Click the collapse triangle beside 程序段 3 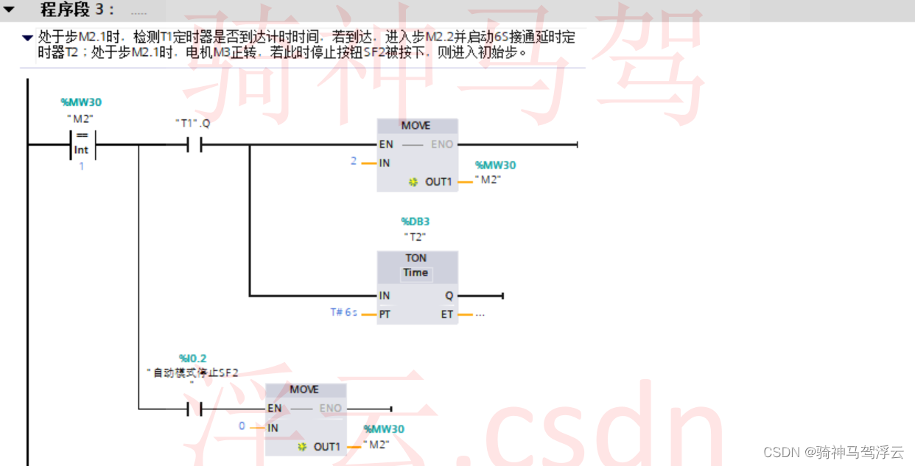10,10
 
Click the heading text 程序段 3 77,10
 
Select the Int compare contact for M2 81,144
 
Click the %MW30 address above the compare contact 81,102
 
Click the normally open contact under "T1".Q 194,145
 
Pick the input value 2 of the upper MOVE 354,161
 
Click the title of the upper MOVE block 416,126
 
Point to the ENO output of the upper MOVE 442,144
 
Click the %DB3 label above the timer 416,221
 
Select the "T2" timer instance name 416,236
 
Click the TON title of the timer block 416,258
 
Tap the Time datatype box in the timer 416,273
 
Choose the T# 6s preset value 344,313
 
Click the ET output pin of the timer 447,314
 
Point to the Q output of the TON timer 449,296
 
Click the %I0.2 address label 192,359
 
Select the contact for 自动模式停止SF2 194,409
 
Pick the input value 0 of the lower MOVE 242,426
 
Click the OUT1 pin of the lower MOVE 326,447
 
